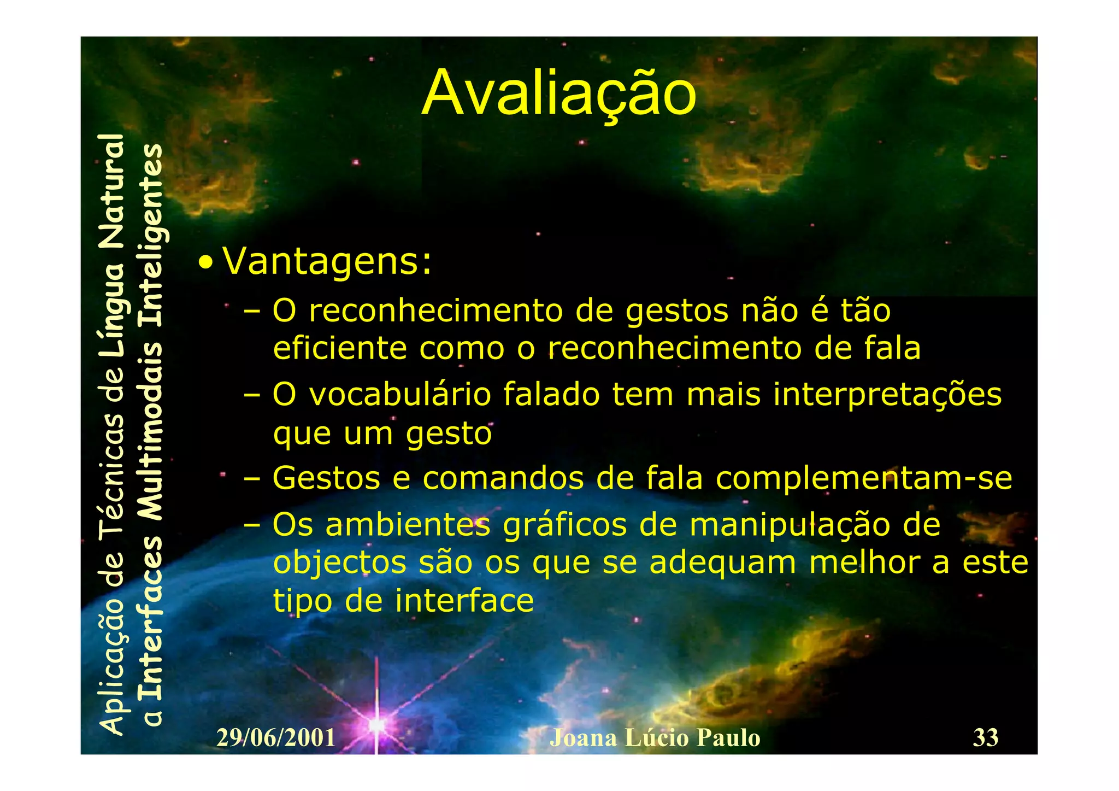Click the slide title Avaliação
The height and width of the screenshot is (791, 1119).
tap(558, 94)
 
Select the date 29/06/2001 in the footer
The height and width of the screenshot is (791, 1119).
tap(276, 738)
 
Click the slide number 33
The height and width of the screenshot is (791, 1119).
tap(985, 737)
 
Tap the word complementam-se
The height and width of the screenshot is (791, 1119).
tap(864, 479)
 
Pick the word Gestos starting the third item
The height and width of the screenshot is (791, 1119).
tap(326, 478)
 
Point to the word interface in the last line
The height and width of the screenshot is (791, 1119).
tap(464, 601)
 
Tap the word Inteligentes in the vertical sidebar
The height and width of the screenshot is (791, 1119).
tap(150, 235)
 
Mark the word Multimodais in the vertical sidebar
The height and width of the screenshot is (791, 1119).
tap(150, 432)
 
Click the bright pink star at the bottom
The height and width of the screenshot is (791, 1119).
tap(376, 725)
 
